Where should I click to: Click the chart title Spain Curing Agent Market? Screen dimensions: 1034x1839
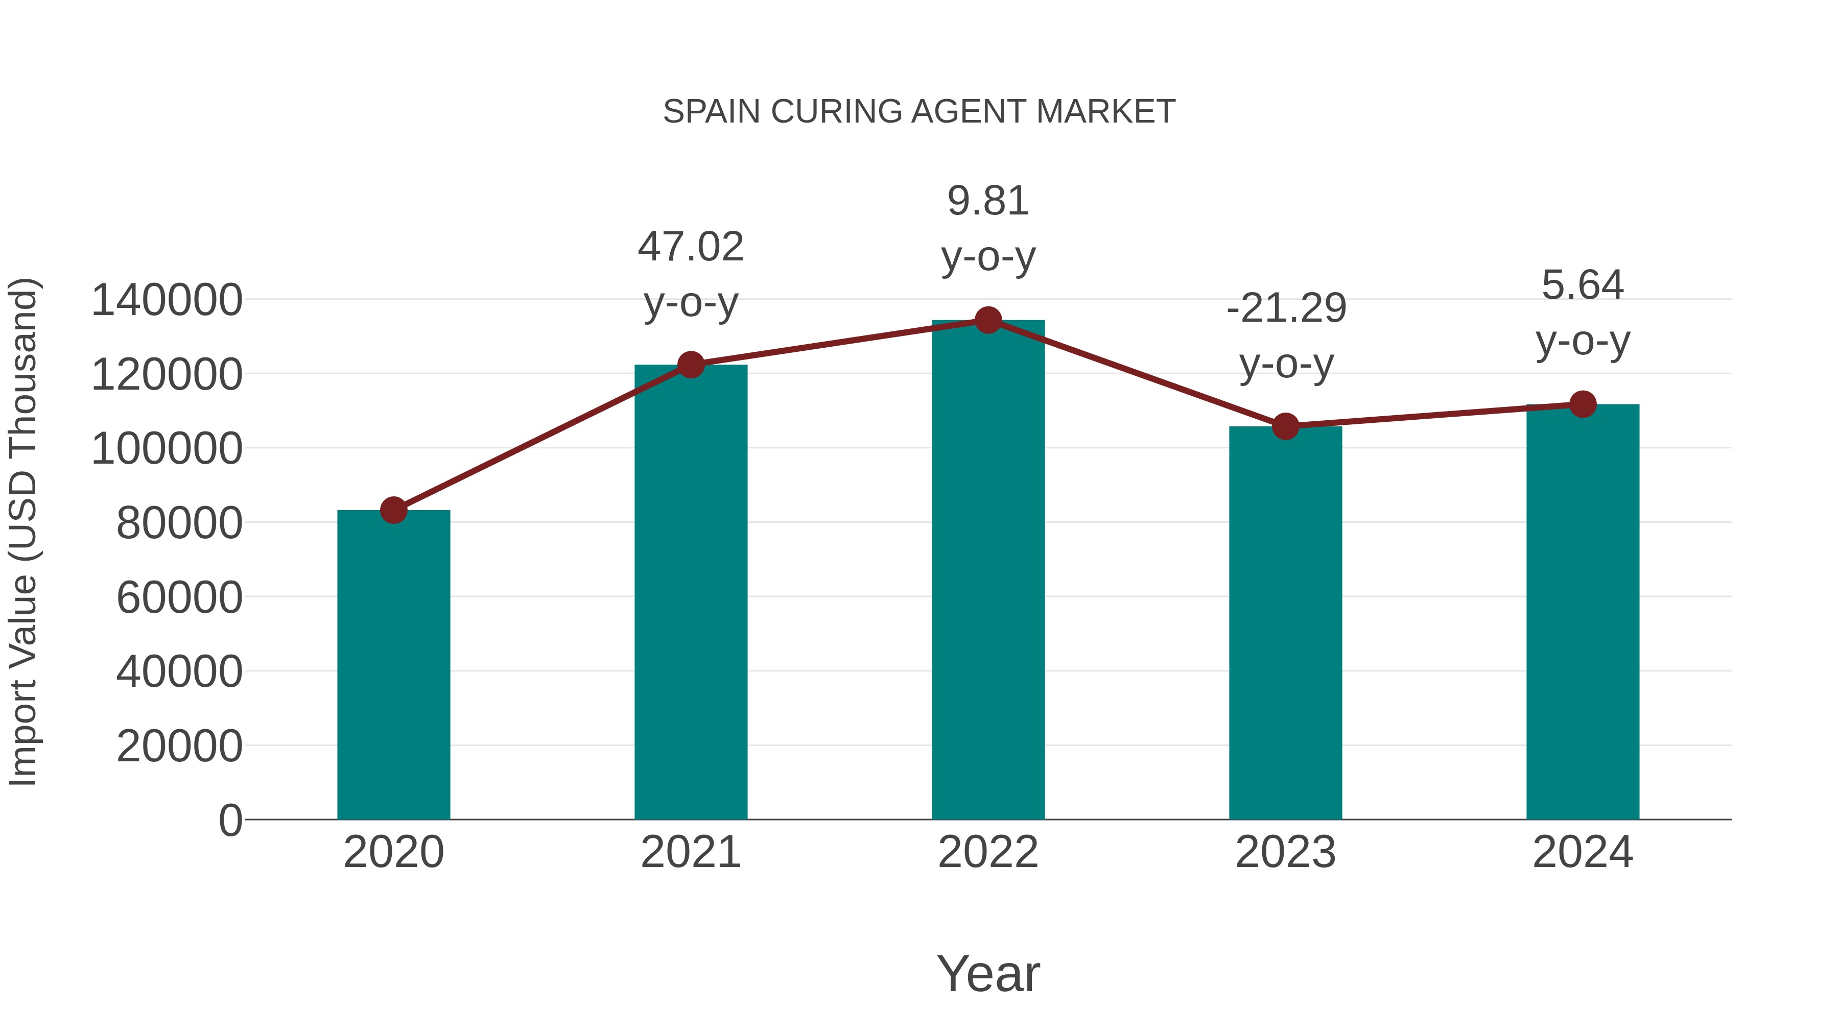[x=919, y=112]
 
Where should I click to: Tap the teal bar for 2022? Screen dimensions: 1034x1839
[x=988, y=571]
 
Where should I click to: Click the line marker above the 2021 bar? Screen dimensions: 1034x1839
[x=690, y=365]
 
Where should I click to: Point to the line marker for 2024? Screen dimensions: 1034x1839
[x=1583, y=404]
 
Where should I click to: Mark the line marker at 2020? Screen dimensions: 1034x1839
[x=393, y=510]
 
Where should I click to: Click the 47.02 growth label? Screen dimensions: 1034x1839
[x=690, y=247]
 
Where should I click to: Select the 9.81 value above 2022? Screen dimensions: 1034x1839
[x=988, y=201]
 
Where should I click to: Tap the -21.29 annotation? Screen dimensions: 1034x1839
[x=1286, y=308]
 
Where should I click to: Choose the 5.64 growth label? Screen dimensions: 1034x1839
[x=1583, y=285]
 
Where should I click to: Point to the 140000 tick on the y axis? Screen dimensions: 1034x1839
[x=167, y=300]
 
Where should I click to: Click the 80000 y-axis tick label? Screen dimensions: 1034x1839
[x=179, y=522]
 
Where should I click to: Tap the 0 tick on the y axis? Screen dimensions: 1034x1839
[x=230, y=820]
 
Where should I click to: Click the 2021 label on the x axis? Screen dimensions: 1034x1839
[x=690, y=852]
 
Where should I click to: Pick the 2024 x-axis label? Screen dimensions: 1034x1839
[x=1583, y=852]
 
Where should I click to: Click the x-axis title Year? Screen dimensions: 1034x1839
[x=988, y=973]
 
